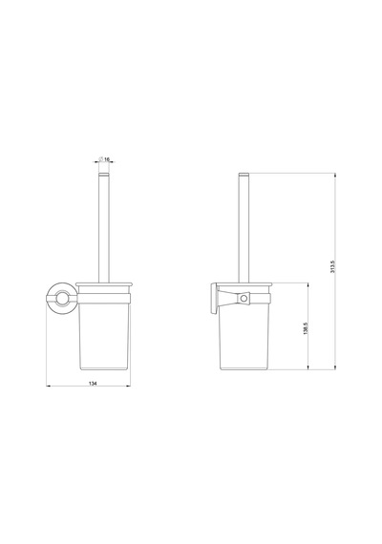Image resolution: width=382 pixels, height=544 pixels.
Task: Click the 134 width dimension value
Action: coord(93,384)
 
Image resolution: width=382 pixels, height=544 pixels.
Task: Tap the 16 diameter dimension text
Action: coord(107,159)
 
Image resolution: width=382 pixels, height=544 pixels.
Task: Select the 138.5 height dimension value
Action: coord(306,328)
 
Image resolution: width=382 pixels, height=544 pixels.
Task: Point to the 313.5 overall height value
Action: coord(332,266)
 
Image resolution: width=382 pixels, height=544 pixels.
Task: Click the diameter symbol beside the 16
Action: coord(100,158)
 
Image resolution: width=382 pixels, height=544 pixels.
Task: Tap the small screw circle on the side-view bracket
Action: coord(244,299)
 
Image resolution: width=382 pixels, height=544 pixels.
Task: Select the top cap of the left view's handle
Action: coord(104,174)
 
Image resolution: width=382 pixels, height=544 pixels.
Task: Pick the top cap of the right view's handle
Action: coord(244,174)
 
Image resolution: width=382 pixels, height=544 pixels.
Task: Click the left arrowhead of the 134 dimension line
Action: coord(49,386)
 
